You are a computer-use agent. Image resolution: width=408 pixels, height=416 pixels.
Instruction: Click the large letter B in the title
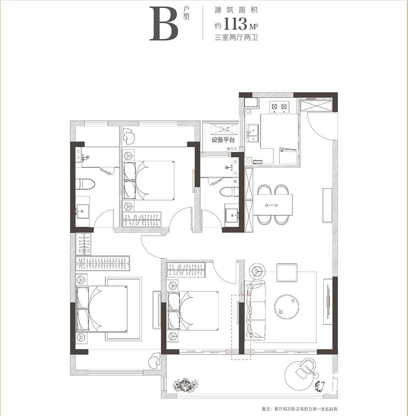click(x=164, y=24)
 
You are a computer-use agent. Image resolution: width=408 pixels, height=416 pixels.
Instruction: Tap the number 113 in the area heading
click(x=236, y=24)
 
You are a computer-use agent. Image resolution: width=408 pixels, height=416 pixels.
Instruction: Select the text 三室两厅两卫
click(x=236, y=38)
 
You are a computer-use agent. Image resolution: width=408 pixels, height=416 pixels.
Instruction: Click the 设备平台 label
click(x=223, y=140)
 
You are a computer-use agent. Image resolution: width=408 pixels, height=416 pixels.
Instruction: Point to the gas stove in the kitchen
click(x=279, y=107)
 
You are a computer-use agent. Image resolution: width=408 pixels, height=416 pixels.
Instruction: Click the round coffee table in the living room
click(x=287, y=307)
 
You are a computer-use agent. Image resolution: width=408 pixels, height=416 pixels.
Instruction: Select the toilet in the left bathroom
click(x=85, y=184)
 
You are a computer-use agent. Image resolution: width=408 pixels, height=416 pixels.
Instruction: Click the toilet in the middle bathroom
click(x=230, y=192)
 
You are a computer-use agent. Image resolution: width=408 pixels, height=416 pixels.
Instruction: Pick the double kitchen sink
click(x=252, y=133)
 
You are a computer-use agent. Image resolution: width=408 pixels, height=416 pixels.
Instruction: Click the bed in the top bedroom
click(x=149, y=180)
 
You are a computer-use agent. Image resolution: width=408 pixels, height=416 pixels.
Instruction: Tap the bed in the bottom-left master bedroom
click(x=102, y=308)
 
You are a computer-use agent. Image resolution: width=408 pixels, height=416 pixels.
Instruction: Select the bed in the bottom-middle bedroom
click(x=193, y=311)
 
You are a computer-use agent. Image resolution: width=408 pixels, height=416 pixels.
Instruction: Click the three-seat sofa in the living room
click(x=256, y=310)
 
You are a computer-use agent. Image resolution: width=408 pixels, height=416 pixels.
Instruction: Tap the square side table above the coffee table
click(x=287, y=272)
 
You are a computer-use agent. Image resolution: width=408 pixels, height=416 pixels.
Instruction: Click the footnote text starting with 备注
click(x=299, y=409)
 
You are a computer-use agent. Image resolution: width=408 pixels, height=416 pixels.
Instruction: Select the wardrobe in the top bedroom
click(x=142, y=219)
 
